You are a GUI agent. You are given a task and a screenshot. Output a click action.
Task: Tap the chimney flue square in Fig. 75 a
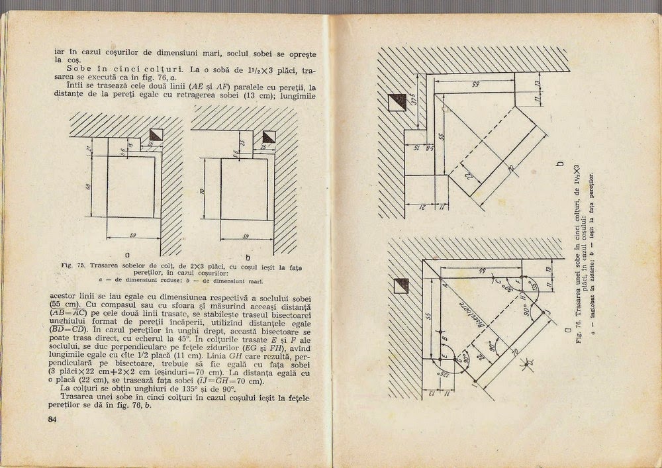click(x=156, y=135)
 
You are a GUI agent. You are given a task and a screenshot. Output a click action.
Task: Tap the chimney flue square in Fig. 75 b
click(x=269, y=137)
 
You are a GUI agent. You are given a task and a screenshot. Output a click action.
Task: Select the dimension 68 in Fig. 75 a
click(x=87, y=187)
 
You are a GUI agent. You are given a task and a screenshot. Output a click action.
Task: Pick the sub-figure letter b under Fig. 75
click(x=248, y=257)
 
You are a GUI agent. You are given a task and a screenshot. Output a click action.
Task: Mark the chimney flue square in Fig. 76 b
click(x=398, y=101)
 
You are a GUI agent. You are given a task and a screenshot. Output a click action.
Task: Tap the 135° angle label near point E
click(x=432, y=376)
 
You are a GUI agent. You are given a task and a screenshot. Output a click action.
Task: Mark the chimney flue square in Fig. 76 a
click(x=401, y=285)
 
